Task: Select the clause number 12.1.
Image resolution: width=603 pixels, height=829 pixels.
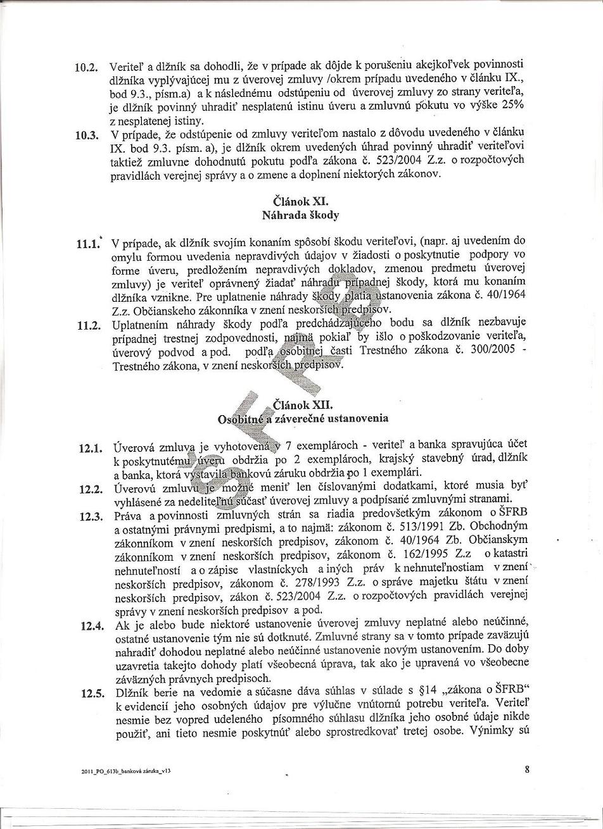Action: [91, 449]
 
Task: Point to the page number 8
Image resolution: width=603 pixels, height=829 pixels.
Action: [527, 770]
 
